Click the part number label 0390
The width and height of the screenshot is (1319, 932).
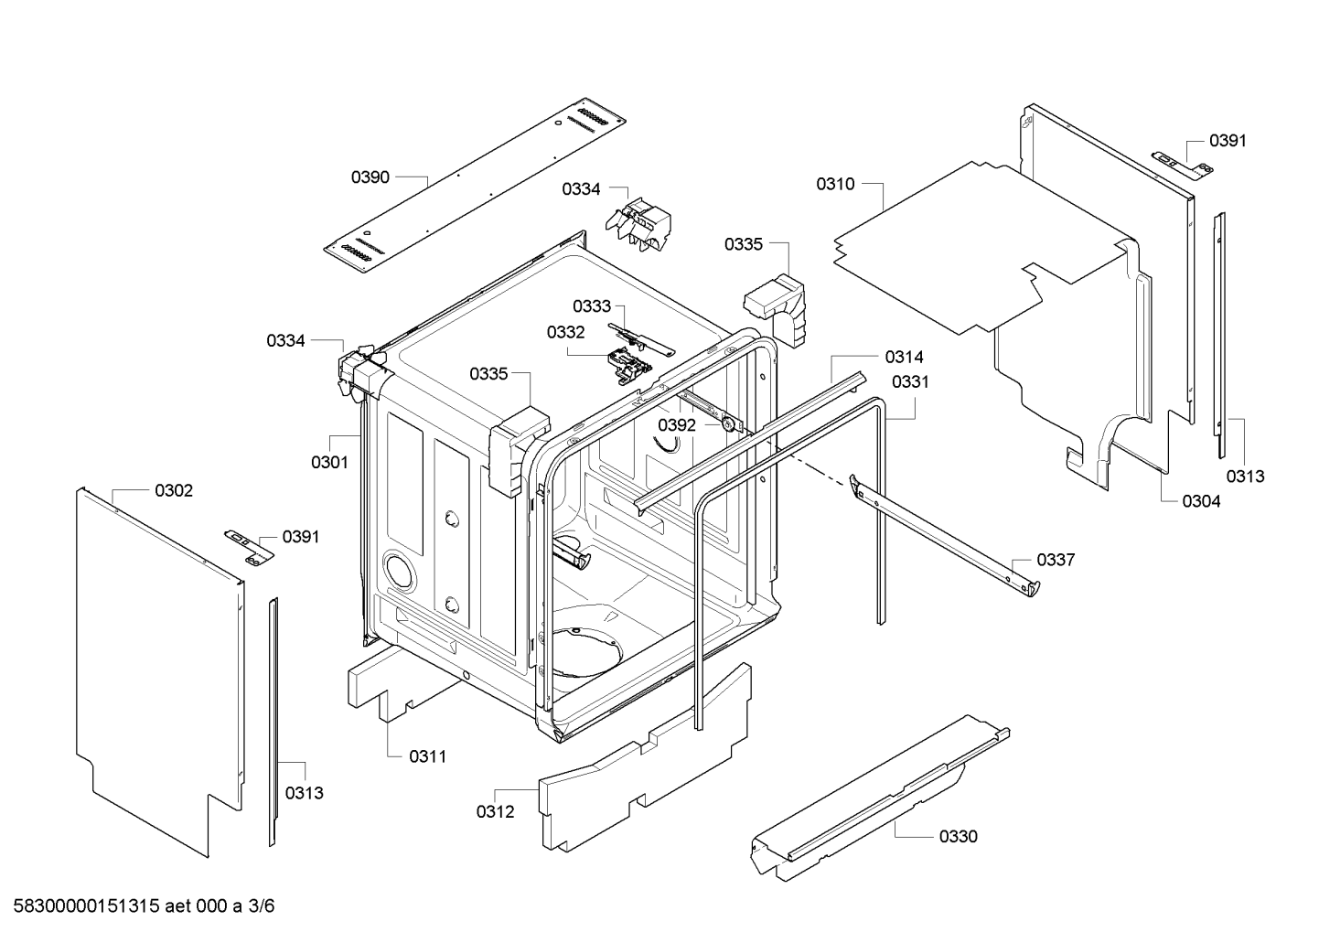coord(370,177)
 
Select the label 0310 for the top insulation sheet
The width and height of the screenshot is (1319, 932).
coord(835,185)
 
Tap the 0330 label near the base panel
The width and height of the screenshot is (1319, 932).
coord(958,836)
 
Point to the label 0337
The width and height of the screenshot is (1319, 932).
coord(1056,560)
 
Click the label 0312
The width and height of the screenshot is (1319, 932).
coord(495,811)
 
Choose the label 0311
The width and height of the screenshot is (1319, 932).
coord(427,756)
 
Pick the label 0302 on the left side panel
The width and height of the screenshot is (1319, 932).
coord(174,491)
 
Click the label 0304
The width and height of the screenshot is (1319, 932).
coord(1201,500)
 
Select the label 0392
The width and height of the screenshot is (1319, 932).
coord(677,425)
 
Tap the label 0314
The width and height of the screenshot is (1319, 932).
coord(904,357)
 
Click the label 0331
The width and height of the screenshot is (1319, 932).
coord(910,381)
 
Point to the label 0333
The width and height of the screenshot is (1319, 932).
coord(592,306)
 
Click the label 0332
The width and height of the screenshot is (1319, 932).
coord(566,332)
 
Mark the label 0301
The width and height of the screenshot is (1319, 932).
coord(329,462)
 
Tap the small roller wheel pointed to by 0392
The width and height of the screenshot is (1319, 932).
coord(728,423)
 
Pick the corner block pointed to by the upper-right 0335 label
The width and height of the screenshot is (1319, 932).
coord(777,305)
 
